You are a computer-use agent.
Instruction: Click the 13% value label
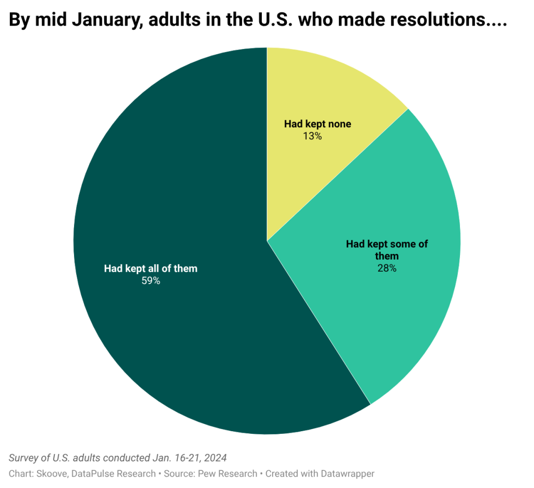(313, 136)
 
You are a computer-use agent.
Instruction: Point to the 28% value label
(387, 269)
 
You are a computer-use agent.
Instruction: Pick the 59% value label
(151, 281)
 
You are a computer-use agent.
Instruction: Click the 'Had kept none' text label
(317, 124)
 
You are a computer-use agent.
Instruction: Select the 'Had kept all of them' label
(151, 269)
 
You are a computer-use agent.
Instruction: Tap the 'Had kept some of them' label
(387, 250)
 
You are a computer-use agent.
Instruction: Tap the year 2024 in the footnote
(215, 458)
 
